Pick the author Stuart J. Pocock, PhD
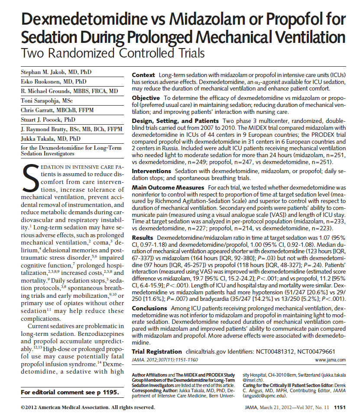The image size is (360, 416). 48,119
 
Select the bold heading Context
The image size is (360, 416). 143,75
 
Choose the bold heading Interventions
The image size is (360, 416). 152,171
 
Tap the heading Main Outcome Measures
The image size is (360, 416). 168,187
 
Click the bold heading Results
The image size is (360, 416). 143,238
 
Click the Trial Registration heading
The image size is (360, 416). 157,352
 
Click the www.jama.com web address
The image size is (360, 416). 330,360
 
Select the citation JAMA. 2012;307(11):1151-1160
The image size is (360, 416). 165,360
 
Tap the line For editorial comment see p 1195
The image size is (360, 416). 70,392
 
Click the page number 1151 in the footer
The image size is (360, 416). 340,407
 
